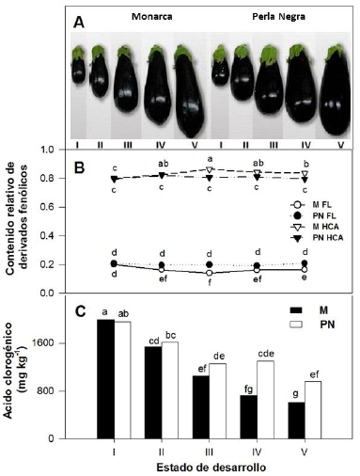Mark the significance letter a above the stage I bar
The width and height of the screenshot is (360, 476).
tap(103, 312)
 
